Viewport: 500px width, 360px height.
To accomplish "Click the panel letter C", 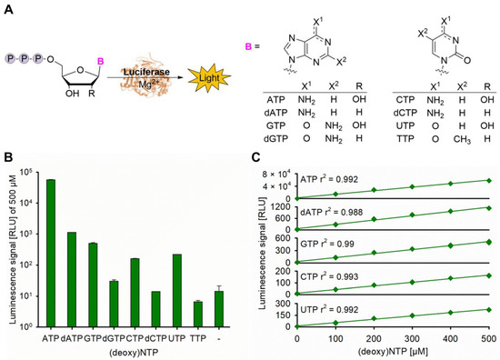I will click(x=254, y=157).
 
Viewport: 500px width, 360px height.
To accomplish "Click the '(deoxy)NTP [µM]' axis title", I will click(x=393, y=351).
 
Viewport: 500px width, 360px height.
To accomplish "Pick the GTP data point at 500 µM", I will click(x=489, y=243).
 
